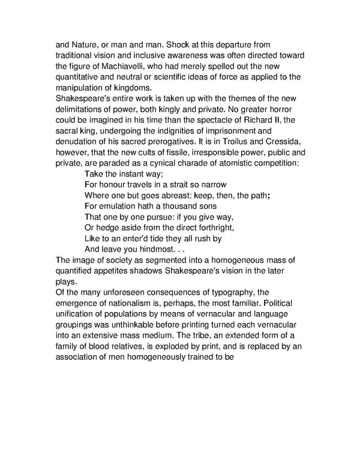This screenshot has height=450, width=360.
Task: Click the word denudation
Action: tap(79, 142)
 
